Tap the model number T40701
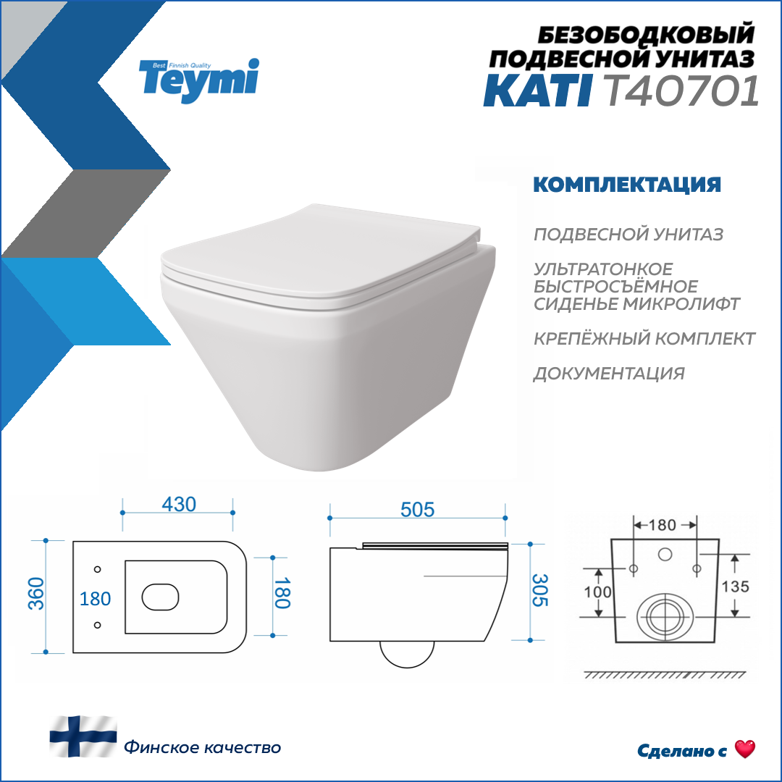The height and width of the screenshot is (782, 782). click(681, 91)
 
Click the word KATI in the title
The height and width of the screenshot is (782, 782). click(537, 91)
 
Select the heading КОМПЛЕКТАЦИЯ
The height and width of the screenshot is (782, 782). click(627, 185)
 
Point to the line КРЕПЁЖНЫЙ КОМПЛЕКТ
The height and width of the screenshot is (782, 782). click(644, 339)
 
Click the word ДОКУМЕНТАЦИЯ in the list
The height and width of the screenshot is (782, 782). click(609, 374)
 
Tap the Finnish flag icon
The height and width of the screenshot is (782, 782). click(83, 736)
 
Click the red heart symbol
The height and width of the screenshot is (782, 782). click(745, 749)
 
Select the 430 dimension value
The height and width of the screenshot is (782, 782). click(179, 504)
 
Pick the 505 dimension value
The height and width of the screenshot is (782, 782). click(418, 510)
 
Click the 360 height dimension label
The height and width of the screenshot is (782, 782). click(36, 594)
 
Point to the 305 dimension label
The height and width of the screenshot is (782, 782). click(540, 590)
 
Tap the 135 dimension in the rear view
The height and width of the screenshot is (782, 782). click(735, 586)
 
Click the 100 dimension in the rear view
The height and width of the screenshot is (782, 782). click(597, 592)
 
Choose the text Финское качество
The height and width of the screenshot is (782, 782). click(202, 747)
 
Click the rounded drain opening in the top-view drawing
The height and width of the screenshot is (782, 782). click(160, 597)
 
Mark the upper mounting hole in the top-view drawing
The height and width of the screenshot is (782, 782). click(97, 569)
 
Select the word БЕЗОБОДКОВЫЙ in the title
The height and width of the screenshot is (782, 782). click(647, 35)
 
